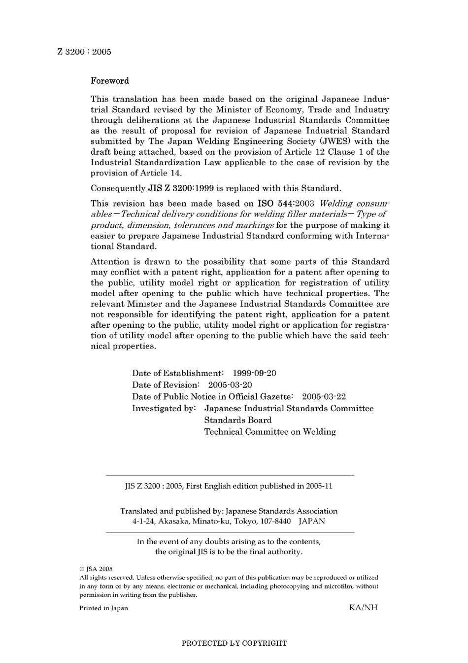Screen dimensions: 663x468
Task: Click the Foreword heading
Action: point(109,81)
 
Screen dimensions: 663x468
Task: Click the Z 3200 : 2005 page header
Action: point(84,52)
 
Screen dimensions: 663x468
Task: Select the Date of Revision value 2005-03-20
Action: point(230,385)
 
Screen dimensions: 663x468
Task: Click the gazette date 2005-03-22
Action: point(324,397)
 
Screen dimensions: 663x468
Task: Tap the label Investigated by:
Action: point(164,409)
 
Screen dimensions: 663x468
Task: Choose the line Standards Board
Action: point(238,420)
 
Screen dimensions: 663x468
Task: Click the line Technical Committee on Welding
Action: point(270,432)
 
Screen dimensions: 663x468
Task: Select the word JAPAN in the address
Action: point(312,522)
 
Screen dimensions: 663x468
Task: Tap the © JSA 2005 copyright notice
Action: point(96,569)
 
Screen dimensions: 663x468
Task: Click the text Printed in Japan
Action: point(103,608)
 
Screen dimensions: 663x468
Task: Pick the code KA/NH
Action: point(363,608)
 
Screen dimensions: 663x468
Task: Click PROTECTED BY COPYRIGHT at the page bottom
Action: point(234,643)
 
